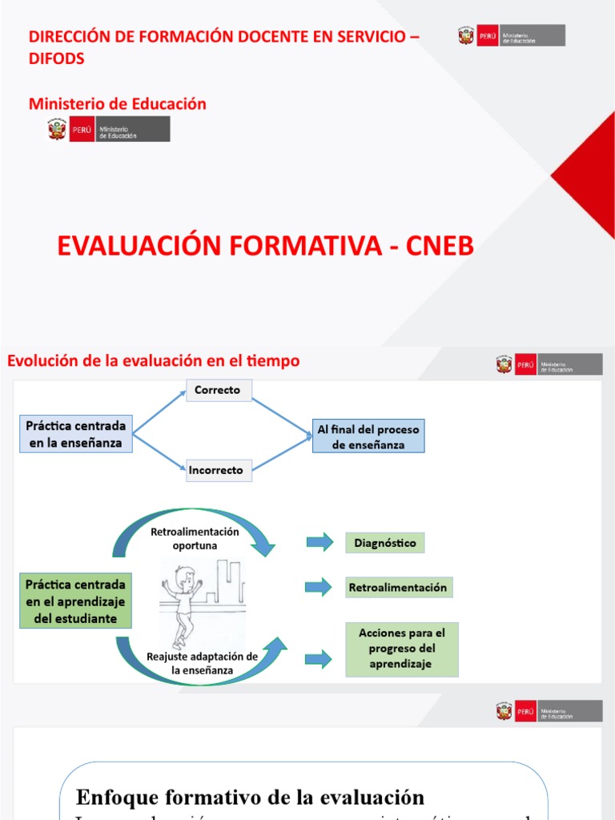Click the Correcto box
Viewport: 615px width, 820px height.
219,390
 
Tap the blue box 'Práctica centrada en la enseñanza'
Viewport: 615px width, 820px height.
75,435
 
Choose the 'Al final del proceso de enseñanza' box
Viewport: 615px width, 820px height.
368,436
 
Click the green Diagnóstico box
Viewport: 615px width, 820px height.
385,543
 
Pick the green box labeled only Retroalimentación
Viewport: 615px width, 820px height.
397,587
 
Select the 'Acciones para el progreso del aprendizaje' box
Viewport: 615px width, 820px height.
401,649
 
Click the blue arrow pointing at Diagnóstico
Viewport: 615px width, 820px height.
320,543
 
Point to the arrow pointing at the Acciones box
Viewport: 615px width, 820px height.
320,658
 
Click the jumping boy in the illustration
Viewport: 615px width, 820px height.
183,601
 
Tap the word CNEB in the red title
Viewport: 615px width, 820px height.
438,247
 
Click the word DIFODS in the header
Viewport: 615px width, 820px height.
57,58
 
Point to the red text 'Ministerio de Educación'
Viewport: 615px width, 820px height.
118,103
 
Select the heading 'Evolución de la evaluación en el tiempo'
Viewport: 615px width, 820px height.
154,361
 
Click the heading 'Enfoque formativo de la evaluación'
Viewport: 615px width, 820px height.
249,797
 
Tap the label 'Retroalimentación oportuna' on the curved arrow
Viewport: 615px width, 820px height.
195,538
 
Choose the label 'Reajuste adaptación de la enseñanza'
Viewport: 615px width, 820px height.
202,662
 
